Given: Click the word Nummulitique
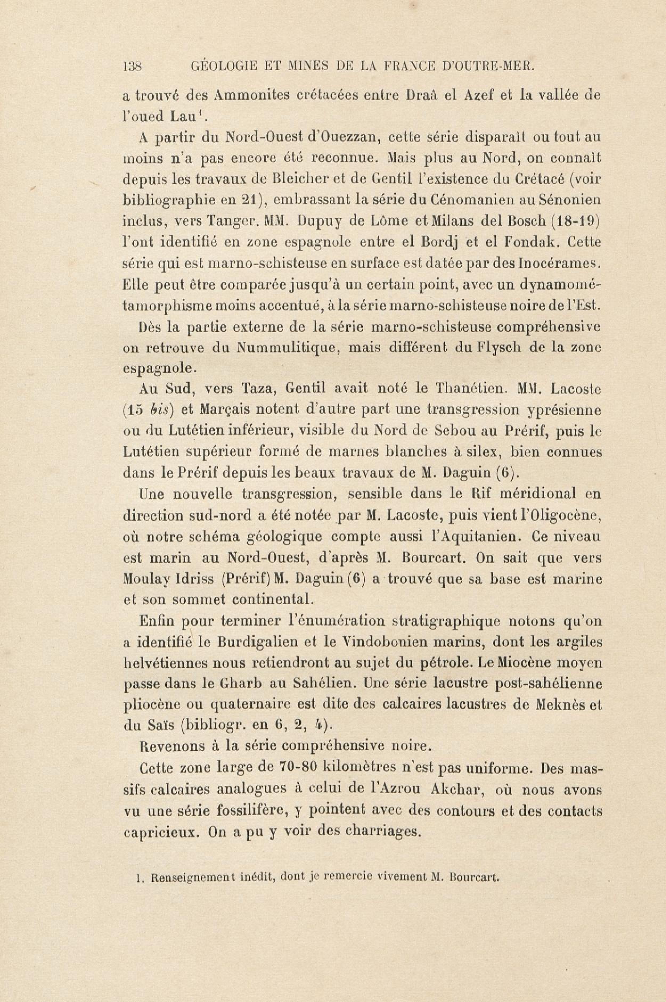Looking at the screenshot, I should [x=287, y=348].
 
